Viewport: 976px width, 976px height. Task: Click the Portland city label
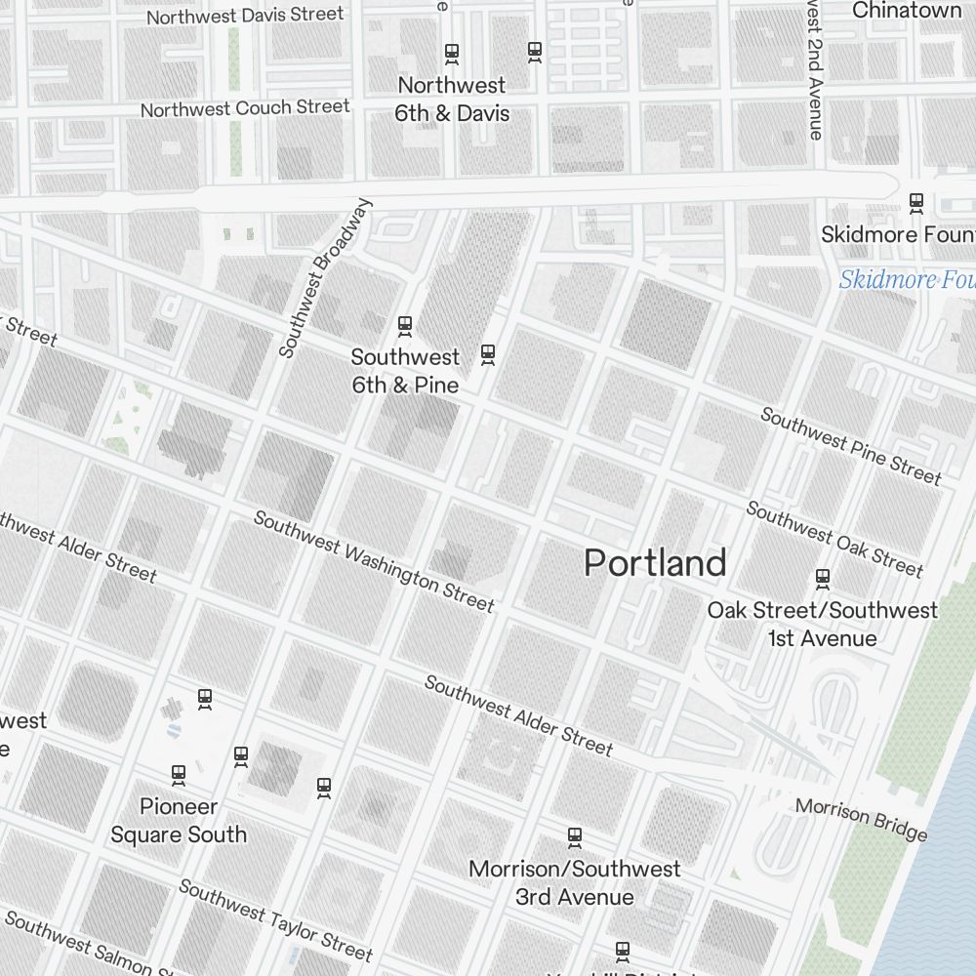coord(655,563)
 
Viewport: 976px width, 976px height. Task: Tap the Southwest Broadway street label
coord(326,278)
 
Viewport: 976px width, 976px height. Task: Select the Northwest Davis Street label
coord(245,15)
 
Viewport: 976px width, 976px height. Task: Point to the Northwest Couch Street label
coord(245,107)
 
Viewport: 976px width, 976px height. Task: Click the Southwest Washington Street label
coord(374,561)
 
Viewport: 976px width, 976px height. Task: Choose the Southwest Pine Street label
coord(851,446)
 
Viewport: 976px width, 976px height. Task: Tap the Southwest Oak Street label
coord(834,539)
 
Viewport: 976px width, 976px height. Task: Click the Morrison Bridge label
coord(860,819)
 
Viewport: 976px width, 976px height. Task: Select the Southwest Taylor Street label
coord(275,919)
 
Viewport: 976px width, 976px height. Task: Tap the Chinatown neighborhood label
coord(907,11)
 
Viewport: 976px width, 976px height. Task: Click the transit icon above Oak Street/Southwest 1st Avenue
coord(823,579)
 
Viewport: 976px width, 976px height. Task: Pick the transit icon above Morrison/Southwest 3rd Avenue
coord(575,836)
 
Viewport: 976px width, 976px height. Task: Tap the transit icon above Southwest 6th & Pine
coord(404,325)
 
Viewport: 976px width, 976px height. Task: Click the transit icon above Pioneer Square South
coord(179,775)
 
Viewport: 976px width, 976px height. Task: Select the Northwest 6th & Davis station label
coord(452,100)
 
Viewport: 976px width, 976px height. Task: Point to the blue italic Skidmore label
coord(906,280)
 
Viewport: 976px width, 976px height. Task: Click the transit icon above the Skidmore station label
coord(915,202)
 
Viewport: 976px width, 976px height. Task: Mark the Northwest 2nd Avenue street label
coord(814,68)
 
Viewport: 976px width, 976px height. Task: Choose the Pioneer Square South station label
coord(179,821)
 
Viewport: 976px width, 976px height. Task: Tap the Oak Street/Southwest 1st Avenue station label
coord(822,625)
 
